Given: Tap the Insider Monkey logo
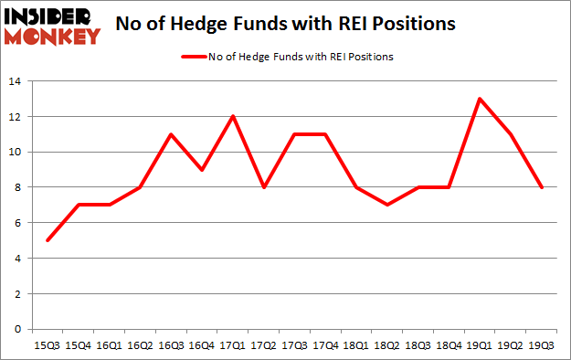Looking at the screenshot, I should point(50,26).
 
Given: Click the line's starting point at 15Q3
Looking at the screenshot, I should point(47,240).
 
